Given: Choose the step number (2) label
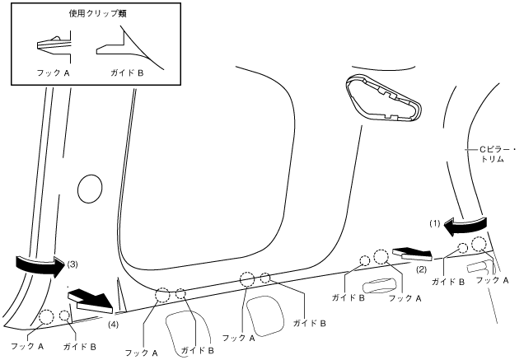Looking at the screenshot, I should pos(421,269).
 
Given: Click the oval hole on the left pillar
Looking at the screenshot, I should pos(87,189).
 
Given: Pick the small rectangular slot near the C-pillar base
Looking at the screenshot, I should pos(477,267).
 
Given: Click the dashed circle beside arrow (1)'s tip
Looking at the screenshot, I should pos(479,243).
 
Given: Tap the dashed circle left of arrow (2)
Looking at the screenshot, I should pos(381,257).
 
